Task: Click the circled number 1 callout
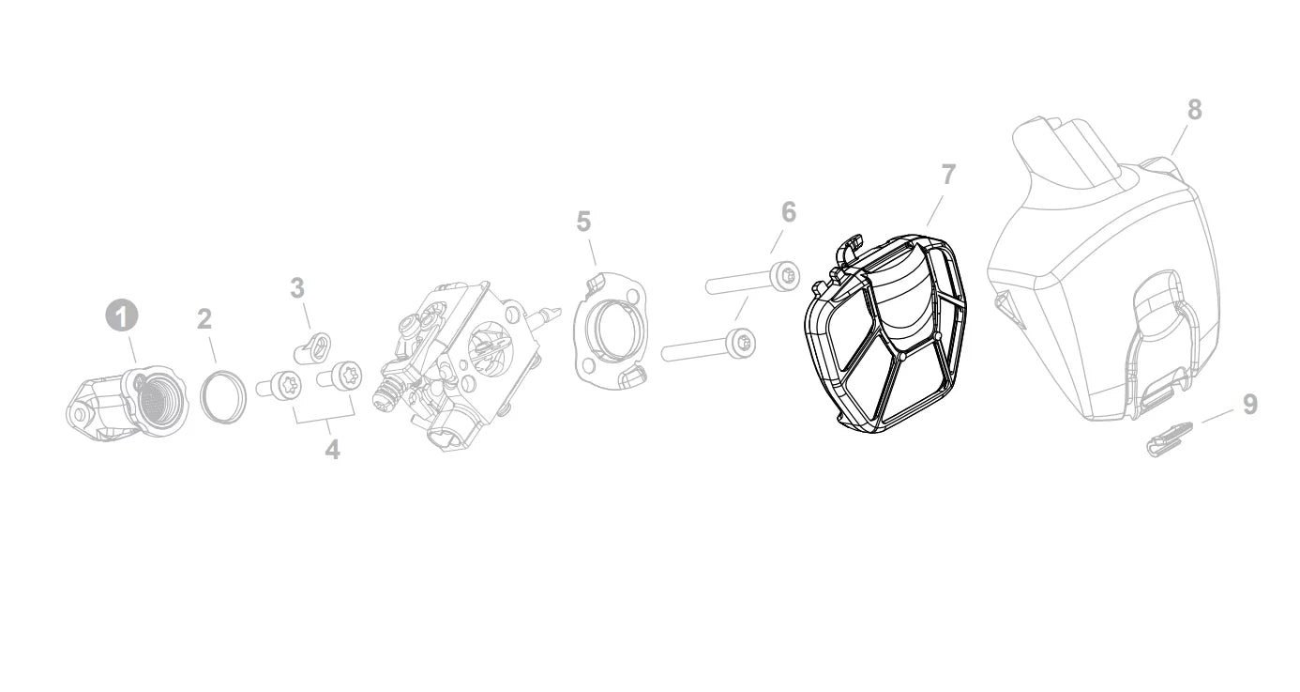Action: pyautogui.click(x=122, y=316)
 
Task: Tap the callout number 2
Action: pyautogui.click(x=204, y=319)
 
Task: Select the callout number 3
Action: pyautogui.click(x=297, y=287)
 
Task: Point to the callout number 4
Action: pyautogui.click(x=332, y=450)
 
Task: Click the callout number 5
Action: pyautogui.click(x=583, y=222)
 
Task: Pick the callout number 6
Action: pyautogui.click(x=789, y=212)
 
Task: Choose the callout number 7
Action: pyautogui.click(x=948, y=175)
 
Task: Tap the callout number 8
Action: pyautogui.click(x=1194, y=110)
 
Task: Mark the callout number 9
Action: pyautogui.click(x=1250, y=405)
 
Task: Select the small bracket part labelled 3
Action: pyautogui.click(x=313, y=346)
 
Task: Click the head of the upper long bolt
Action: pyautogui.click(x=786, y=276)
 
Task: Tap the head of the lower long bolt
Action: pyautogui.click(x=741, y=344)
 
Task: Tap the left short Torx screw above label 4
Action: pyautogui.click(x=279, y=385)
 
